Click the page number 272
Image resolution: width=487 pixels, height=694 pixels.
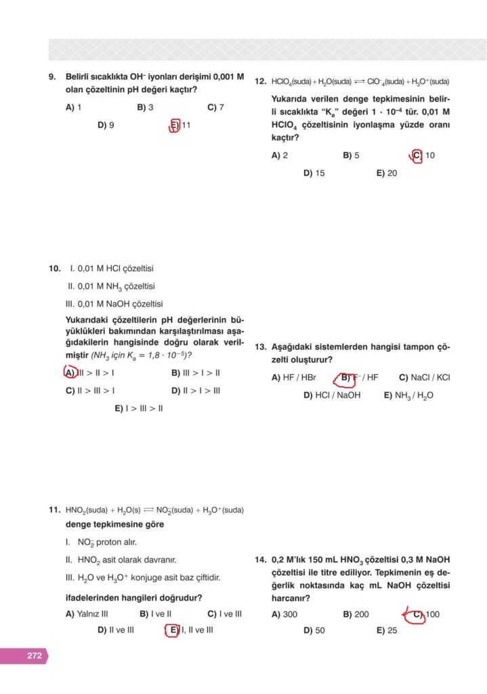point(35,655)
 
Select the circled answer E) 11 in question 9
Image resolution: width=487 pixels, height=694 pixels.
point(181,125)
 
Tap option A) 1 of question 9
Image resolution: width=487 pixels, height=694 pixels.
point(74,107)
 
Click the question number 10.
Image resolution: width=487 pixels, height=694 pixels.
point(54,268)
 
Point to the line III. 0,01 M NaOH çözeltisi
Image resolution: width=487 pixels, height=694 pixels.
point(115,304)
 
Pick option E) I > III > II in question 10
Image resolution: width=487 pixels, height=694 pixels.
point(139,408)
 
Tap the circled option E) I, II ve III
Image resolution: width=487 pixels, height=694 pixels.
point(191,630)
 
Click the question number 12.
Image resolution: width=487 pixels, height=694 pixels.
point(260,81)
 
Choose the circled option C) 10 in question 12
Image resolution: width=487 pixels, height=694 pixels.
point(423,155)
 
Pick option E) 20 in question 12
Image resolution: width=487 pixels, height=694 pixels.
point(387,173)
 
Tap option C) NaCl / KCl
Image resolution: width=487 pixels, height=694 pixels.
point(424,377)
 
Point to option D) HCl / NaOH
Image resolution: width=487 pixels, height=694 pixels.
point(332,395)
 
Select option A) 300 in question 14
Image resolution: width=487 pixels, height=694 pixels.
point(284,614)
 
